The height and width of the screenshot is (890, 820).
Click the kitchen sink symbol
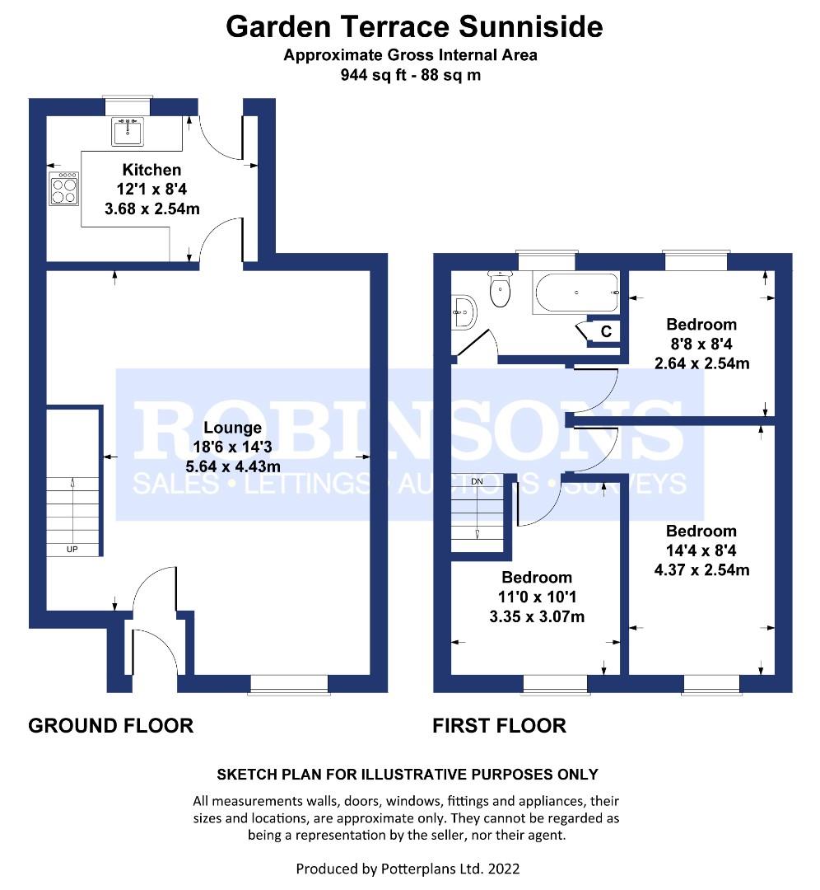click(128, 131)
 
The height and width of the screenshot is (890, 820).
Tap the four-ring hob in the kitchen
click(64, 189)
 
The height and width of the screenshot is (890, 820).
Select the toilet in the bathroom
click(500, 289)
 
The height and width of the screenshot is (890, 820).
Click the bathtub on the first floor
click(575, 293)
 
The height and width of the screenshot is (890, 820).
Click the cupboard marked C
click(606, 332)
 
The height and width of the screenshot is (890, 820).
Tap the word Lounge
click(232, 428)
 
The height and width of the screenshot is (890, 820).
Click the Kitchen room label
click(151, 170)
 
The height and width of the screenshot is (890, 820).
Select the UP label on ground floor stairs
click(72, 548)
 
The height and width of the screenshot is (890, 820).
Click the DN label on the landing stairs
click(478, 481)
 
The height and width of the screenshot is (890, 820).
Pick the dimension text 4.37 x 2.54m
click(701, 570)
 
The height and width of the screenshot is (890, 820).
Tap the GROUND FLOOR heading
click(111, 725)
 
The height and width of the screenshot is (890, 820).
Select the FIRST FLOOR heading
click(500, 725)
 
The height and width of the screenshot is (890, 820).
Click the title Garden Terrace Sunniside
click(414, 27)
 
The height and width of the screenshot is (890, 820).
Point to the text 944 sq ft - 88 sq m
click(410, 75)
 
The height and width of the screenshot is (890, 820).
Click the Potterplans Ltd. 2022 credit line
click(408, 869)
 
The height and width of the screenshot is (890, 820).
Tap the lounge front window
click(289, 683)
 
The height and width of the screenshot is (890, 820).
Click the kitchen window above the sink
click(128, 105)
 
